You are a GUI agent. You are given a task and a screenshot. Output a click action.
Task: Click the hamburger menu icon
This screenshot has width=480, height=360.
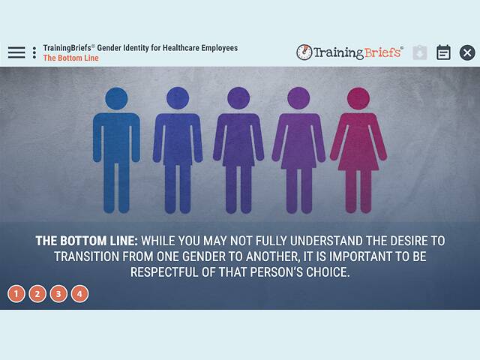pos(16,52)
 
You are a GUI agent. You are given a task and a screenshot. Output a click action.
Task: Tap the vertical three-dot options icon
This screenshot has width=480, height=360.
pos(34,52)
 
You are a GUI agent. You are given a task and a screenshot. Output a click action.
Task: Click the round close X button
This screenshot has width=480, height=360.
pos(467,52)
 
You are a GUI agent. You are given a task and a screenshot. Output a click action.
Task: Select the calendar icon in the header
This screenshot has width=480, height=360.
pos(443,52)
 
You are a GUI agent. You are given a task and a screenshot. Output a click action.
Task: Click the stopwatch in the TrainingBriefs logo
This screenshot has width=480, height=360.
pos(304,52)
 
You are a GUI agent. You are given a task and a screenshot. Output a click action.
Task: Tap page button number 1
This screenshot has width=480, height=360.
pos(16,294)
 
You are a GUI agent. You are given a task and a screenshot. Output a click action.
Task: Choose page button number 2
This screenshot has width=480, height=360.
pos(37,294)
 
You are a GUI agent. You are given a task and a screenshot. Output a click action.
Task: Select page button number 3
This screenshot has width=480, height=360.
pos(58,294)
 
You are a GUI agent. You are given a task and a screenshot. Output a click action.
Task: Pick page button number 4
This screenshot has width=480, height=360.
pos(79,294)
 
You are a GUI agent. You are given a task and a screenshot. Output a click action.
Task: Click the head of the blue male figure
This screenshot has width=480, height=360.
pos(116,98)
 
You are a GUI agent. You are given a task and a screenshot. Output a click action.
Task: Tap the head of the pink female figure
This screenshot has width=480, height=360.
pos(358,98)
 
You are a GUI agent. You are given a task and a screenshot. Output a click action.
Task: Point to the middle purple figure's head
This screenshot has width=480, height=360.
pos(238,98)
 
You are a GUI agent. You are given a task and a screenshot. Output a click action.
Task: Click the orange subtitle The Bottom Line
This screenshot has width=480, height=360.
pos(70,58)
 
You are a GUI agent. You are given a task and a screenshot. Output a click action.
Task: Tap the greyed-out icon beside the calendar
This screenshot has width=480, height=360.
pos(420,52)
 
